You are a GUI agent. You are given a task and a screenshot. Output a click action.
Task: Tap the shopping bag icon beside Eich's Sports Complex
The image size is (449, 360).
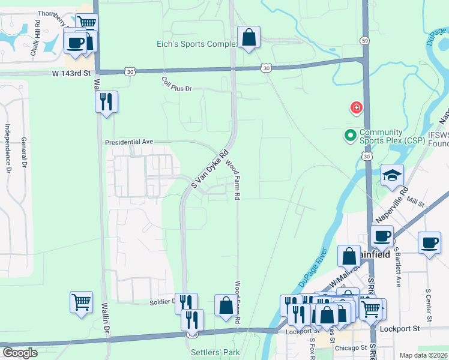click(249, 38)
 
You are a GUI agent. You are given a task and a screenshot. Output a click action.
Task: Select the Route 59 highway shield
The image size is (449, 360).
click(364, 41)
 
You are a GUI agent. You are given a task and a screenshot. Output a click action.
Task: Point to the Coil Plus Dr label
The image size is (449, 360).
click(176, 84)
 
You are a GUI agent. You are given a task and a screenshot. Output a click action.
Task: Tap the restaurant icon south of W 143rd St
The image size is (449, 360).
click(106, 101)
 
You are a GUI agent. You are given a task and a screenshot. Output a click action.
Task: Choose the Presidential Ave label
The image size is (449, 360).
click(129, 142)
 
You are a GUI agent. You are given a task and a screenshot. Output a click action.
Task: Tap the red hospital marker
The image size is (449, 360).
click(357, 108)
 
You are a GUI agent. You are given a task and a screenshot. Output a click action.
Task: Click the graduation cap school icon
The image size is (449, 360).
click(392, 175)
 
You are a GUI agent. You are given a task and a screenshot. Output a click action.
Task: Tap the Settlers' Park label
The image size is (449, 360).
click(215, 353)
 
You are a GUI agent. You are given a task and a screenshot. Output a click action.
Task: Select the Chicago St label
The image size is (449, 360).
click(351, 348)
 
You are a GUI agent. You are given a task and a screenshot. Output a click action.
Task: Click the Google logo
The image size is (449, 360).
click(20, 352)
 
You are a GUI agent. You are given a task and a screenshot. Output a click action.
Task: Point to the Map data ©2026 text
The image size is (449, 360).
click(423, 355)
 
